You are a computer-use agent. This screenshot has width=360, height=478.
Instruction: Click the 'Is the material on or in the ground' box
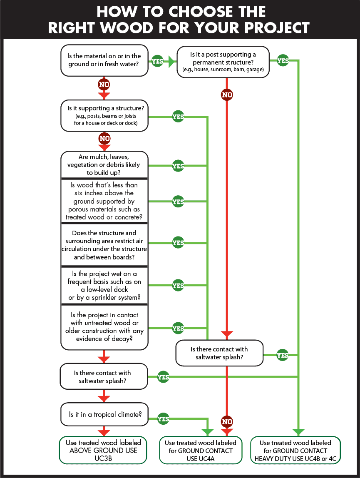[104, 60]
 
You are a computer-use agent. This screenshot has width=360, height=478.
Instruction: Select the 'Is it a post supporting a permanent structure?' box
[223, 62]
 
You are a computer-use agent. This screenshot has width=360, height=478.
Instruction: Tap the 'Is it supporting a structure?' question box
[104, 115]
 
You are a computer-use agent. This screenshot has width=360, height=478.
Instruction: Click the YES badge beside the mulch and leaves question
[178, 166]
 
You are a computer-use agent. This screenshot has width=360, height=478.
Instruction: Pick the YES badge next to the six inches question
[178, 202]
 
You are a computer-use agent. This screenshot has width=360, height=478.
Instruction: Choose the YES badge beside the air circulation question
[178, 243]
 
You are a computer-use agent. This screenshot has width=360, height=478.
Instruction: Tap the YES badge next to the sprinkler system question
[178, 285]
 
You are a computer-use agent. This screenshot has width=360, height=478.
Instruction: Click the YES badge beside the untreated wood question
[178, 329]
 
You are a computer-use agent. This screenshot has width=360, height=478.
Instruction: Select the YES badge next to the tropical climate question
[163, 419]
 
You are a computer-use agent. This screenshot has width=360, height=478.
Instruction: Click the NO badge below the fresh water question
[104, 85]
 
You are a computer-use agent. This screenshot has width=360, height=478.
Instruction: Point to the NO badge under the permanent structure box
[227, 95]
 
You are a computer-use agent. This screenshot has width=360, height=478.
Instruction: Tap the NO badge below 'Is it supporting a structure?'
[104, 138]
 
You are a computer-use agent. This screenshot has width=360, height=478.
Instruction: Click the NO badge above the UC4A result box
[227, 422]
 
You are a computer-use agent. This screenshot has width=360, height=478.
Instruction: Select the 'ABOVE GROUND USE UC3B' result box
[103, 450]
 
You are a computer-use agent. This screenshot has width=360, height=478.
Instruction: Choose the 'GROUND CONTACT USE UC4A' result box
[201, 451]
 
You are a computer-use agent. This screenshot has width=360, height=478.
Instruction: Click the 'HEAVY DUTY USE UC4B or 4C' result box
[295, 450]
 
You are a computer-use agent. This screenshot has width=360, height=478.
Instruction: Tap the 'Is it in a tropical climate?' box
[104, 414]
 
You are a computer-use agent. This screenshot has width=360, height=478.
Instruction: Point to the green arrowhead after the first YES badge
[172, 61]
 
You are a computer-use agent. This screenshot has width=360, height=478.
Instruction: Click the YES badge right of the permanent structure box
[283, 61]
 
